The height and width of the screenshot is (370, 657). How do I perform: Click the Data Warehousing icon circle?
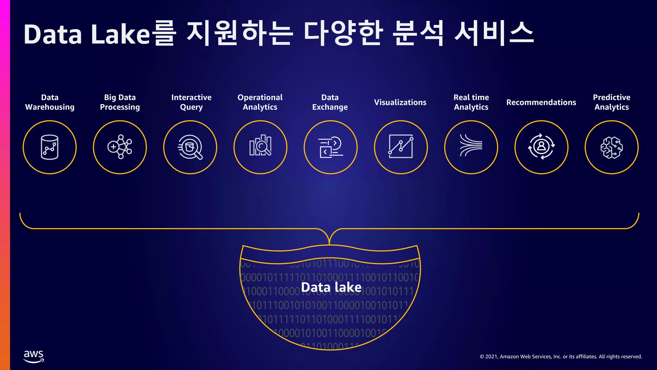[x=50, y=147]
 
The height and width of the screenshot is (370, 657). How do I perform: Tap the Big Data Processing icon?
[x=120, y=147]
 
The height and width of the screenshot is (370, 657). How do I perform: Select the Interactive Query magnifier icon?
[x=190, y=147]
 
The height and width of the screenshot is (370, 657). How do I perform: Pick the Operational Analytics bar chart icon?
[x=260, y=147]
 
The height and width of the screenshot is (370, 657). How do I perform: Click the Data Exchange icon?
[x=330, y=147]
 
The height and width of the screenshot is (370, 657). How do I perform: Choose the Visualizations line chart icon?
[x=401, y=147]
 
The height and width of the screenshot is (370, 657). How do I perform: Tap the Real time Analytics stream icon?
[x=471, y=147]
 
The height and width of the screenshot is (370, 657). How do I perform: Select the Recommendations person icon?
[x=542, y=147]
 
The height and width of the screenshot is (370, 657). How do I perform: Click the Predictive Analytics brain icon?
[x=611, y=147]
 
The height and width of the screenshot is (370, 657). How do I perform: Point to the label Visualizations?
[x=400, y=102]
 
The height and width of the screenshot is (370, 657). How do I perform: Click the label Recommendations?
[x=541, y=102]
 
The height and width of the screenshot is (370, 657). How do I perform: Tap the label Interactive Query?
[x=191, y=102]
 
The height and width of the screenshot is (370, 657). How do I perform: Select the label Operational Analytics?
[x=260, y=102]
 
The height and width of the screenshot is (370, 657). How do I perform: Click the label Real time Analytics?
[x=471, y=102]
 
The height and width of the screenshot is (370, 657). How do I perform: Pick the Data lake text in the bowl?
[x=331, y=287]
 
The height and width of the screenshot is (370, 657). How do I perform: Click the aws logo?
[x=34, y=356]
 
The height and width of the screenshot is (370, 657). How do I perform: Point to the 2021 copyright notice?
[x=561, y=357]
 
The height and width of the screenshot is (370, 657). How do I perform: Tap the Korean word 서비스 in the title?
[x=494, y=33]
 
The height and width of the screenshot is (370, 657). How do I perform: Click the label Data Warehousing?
[x=50, y=102]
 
